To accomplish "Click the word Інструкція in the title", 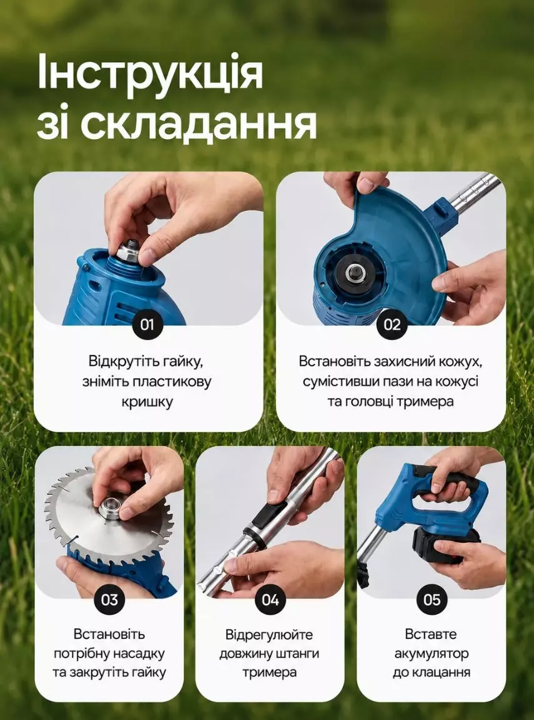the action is pyautogui.click(x=150, y=72).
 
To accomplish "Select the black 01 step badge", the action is pyautogui.click(x=147, y=324).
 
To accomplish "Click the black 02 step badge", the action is pyautogui.click(x=392, y=324).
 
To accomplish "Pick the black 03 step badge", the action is pyautogui.click(x=109, y=600).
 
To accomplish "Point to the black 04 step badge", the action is pyautogui.click(x=270, y=600).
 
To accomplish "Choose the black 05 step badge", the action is pyautogui.click(x=432, y=600).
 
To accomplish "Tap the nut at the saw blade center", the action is pyautogui.click(x=109, y=507).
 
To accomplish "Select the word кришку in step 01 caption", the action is pyautogui.click(x=147, y=402).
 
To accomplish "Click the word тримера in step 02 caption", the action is pyautogui.click(x=425, y=402).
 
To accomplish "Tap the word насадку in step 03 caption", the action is pyautogui.click(x=138, y=653).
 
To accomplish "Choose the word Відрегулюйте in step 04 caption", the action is pyautogui.click(x=269, y=635).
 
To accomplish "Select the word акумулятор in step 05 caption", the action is pyautogui.click(x=432, y=653).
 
